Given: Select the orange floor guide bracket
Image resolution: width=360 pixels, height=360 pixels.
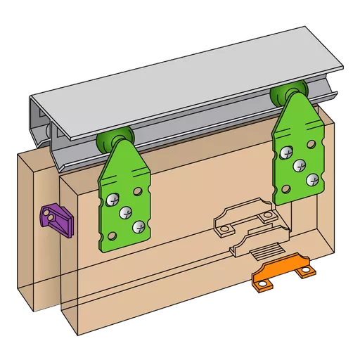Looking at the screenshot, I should click(281, 275).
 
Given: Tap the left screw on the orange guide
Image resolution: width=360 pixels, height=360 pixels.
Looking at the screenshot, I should click(262, 283).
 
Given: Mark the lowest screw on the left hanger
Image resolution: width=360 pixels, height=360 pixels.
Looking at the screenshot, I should click(139, 226).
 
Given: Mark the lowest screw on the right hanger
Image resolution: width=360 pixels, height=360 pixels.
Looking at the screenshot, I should click(302, 165).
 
